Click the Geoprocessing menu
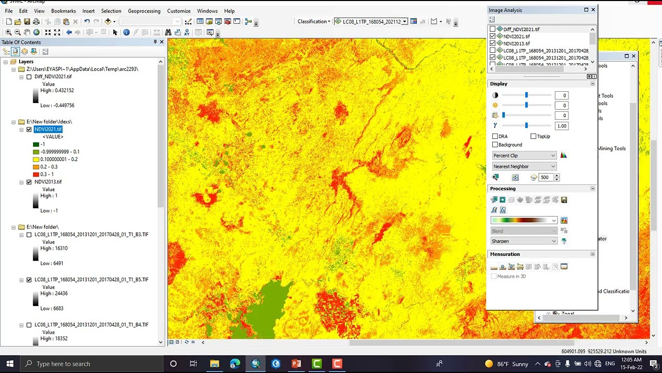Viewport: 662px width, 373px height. tap(144, 11)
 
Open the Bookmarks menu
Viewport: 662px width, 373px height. tap(64, 11)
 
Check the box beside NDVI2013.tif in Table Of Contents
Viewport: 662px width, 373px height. tap(29, 182)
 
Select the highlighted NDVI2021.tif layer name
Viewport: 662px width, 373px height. tap(48, 130)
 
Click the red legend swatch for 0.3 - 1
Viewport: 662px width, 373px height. tap(36, 175)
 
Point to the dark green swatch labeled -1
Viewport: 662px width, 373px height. tap(36, 145)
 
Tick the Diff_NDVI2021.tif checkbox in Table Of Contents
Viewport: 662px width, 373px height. tap(29, 77)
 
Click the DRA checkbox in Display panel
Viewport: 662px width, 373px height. tap(495, 137)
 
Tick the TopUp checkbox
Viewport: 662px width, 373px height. tap(533, 137)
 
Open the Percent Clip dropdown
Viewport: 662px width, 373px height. tap(524, 155)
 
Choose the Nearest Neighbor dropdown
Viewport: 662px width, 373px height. tap(524, 166)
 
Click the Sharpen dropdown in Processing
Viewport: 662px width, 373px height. tap(524, 241)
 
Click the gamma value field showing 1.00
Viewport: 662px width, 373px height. tap(561, 126)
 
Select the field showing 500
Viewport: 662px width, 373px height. tap(545, 178)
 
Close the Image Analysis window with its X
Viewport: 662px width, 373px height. tap(593, 10)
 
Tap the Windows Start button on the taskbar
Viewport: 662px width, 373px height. tap(10, 364)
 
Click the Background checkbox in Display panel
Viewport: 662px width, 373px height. tap(495, 145)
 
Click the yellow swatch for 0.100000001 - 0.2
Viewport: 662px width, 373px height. tap(36, 160)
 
